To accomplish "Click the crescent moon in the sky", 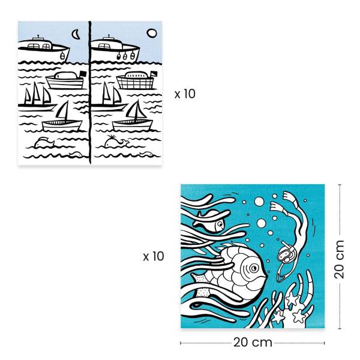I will pyautogui.click(x=76, y=35).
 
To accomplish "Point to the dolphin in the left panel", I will pyautogui.click(x=44, y=142).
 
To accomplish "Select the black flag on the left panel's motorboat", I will pyautogui.click(x=82, y=74).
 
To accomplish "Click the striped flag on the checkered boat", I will pyautogui.click(x=152, y=74).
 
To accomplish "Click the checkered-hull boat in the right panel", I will pyautogui.click(x=137, y=82).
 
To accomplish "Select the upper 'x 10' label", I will pyautogui.click(x=185, y=94).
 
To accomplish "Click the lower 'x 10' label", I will pyautogui.click(x=154, y=257).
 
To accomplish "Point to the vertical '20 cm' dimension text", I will pyautogui.click(x=340, y=256).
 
